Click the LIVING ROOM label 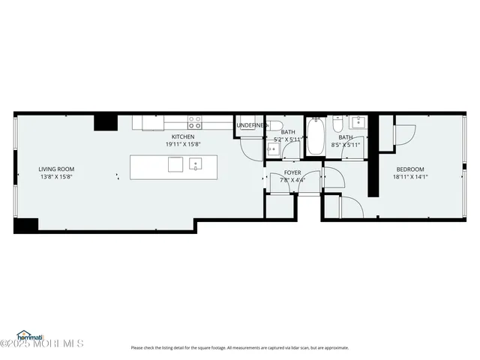56,169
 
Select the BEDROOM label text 410,169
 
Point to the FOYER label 292,172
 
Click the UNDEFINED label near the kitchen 250,125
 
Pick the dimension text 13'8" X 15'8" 56,177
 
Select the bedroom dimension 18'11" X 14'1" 410,177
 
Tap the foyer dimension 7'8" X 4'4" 292,180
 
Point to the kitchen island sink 196,164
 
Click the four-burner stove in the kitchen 195,122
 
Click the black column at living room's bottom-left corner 25,224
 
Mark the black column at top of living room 105,122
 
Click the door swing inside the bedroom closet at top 405,133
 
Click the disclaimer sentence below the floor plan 240,347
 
